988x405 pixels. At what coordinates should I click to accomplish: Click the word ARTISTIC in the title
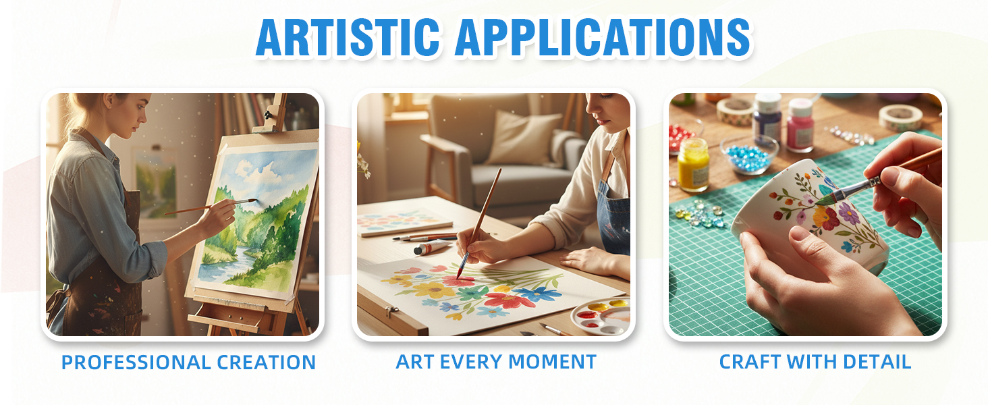tap(348, 37)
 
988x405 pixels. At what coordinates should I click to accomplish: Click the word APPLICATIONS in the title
tap(603, 37)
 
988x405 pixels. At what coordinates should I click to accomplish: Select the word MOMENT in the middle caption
tap(553, 362)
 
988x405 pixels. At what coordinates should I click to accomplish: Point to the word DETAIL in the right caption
tap(877, 362)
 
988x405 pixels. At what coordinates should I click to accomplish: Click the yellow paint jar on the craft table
tap(693, 165)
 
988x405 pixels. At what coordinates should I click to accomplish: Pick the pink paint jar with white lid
tap(800, 126)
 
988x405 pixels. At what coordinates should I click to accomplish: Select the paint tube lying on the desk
tap(433, 246)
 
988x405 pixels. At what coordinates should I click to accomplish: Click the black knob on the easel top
tap(267, 115)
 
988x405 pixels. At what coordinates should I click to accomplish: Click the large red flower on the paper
tap(508, 301)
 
